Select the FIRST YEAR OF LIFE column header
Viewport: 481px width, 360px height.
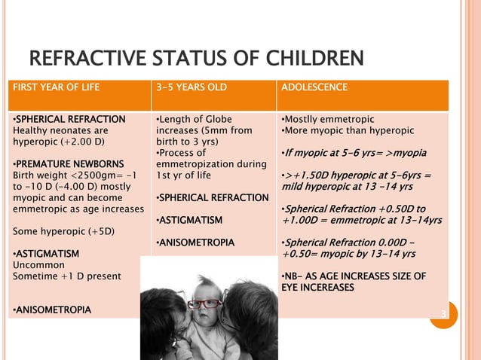tap(57, 87)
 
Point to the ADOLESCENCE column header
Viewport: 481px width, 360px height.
tap(314, 87)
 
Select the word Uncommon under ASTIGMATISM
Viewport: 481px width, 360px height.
tap(37, 265)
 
